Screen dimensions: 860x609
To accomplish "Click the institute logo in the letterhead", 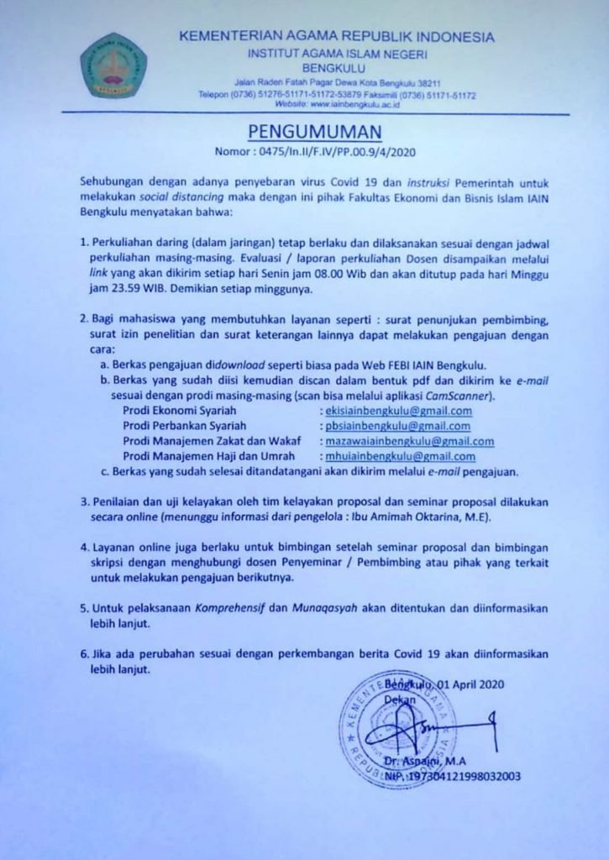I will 113,66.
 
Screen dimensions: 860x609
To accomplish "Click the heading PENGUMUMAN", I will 315,132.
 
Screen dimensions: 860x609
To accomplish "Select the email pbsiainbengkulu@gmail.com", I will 397,426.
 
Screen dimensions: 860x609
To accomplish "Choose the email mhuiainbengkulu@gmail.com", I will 400,456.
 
